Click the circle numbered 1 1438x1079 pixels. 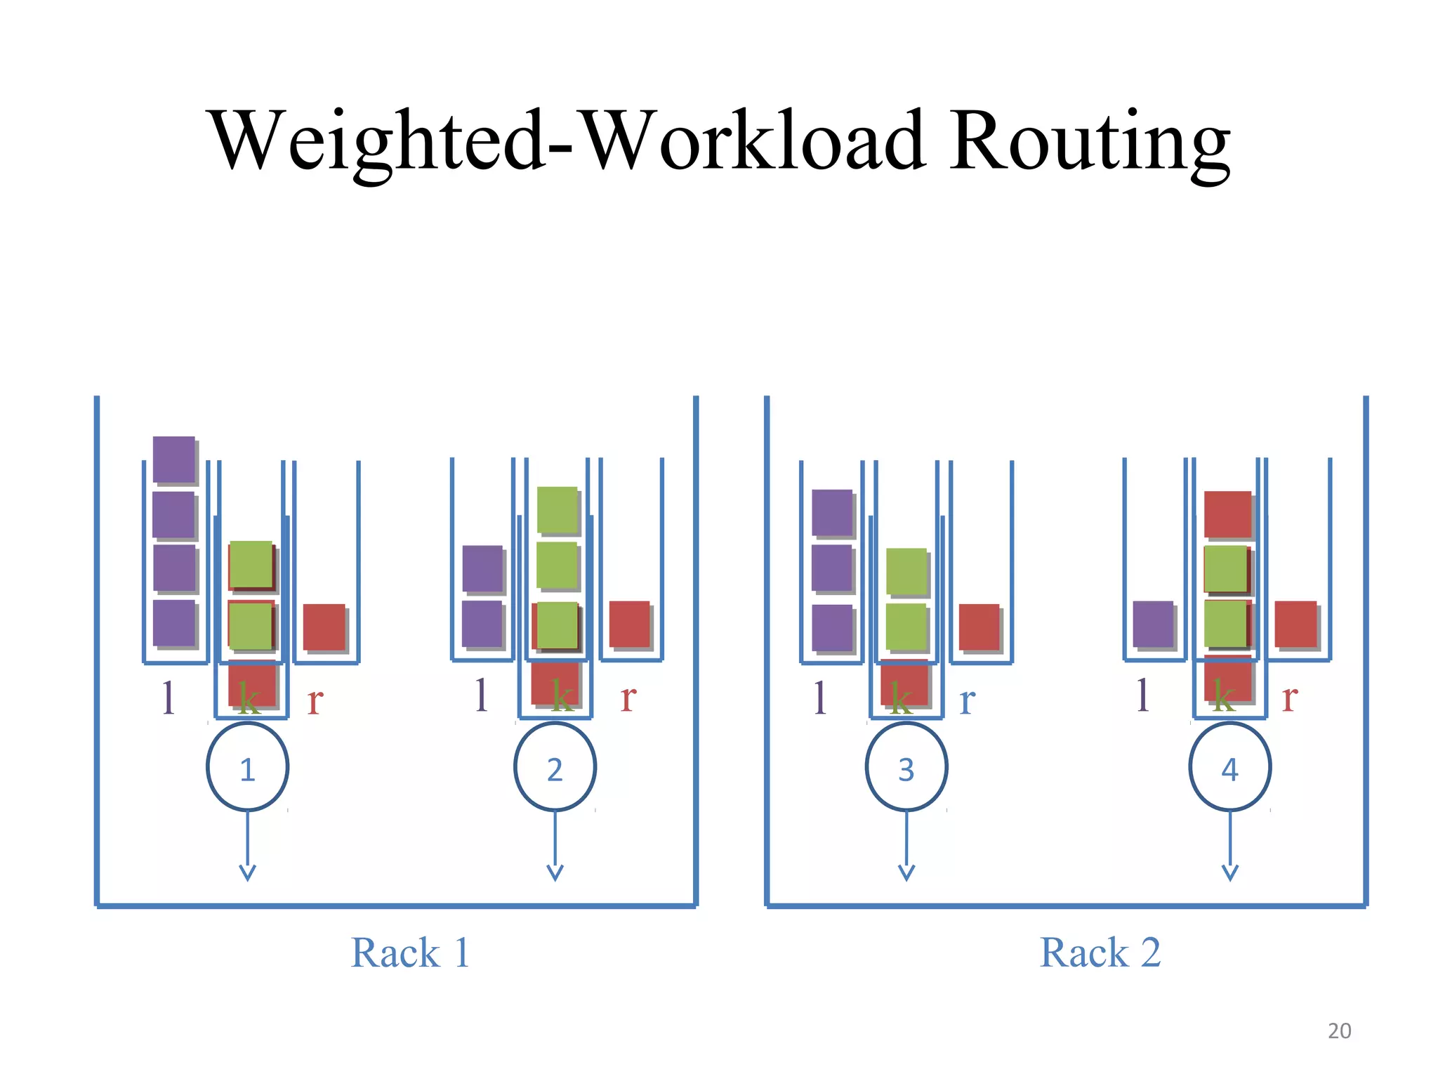coord(247,767)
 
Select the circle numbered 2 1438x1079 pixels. coord(555,767)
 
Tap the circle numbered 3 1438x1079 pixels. coord(906,767)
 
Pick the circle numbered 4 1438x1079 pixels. coord(1229,767)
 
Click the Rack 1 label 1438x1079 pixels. coord(410,953)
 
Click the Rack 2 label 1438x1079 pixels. coord(1100,953)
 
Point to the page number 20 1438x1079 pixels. coord(1339,1031)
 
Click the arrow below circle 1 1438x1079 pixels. coord(247,846)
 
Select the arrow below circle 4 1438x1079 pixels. coord(1229,846)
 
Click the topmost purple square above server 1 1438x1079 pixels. coord(173,459)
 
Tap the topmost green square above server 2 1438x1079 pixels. coord(557,509)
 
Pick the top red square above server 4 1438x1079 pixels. coord(1227,514)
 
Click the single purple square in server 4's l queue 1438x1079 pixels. coord(1152,623)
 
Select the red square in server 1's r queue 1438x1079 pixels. coord(324,626)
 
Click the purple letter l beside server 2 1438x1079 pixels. coord(480,695)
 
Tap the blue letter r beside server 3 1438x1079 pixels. coord(967,700)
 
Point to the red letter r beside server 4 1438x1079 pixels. coord(1289,697)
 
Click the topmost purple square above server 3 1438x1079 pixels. coord(831,511)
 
